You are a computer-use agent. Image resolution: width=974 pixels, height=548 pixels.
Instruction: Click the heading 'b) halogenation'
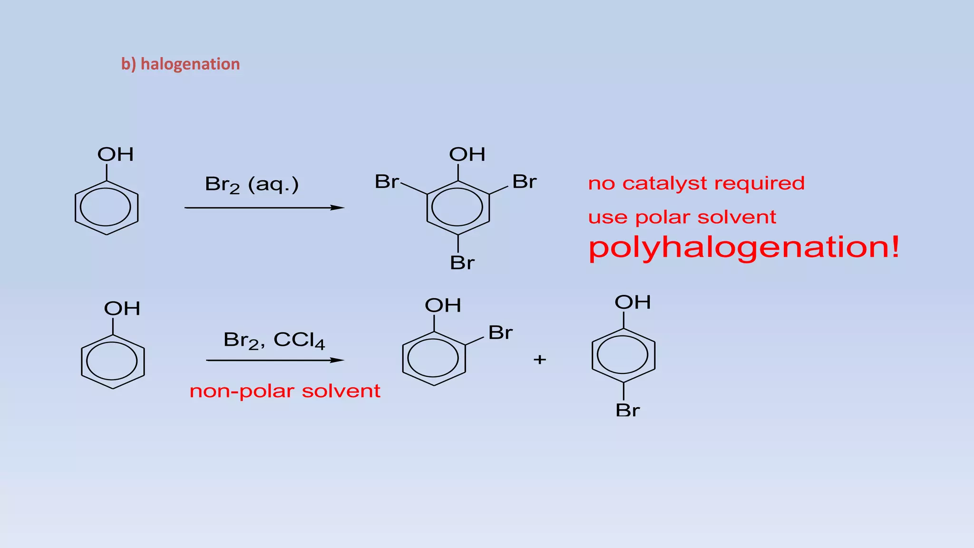pos(180,64)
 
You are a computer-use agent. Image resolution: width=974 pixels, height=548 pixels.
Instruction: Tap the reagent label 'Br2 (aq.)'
pos(252,184)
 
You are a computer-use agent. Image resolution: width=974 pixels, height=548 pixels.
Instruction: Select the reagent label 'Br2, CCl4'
pos(274,340)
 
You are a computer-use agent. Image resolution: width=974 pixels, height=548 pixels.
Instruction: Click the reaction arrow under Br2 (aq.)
pos(264,208)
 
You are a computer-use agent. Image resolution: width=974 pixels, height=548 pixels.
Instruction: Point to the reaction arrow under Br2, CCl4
pos(275,361)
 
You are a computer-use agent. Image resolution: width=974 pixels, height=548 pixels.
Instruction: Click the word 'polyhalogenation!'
pos(744,247)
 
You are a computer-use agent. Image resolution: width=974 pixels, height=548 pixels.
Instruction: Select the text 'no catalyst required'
pos(696,183)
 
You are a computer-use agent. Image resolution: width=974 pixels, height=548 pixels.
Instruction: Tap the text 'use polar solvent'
pos(682,217)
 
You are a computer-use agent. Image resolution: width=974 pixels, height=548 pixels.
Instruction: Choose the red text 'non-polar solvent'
pos(285,391)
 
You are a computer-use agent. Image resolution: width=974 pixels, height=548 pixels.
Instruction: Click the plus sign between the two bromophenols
pos(539,360)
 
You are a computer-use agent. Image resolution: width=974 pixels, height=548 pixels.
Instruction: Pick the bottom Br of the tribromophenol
pos(462,263)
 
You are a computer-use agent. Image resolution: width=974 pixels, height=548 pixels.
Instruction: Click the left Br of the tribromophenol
pos(386,182)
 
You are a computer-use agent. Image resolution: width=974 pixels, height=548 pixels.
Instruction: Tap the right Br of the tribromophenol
pos(524,182)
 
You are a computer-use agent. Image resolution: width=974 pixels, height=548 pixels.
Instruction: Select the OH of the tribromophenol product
pos(467,155)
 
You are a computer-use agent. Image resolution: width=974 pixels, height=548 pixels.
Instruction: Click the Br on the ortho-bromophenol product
pos(500,333)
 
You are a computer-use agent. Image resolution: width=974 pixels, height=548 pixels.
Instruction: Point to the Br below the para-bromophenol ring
pos(627,410)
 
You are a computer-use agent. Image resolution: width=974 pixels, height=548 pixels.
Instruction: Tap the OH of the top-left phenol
pos(116,155)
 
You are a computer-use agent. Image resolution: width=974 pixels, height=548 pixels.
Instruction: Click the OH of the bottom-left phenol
pos(122,309)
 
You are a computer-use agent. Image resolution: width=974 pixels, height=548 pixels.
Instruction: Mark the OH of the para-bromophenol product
pos(633,302)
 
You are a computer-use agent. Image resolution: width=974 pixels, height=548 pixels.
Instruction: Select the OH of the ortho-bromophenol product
pos(443,305)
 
